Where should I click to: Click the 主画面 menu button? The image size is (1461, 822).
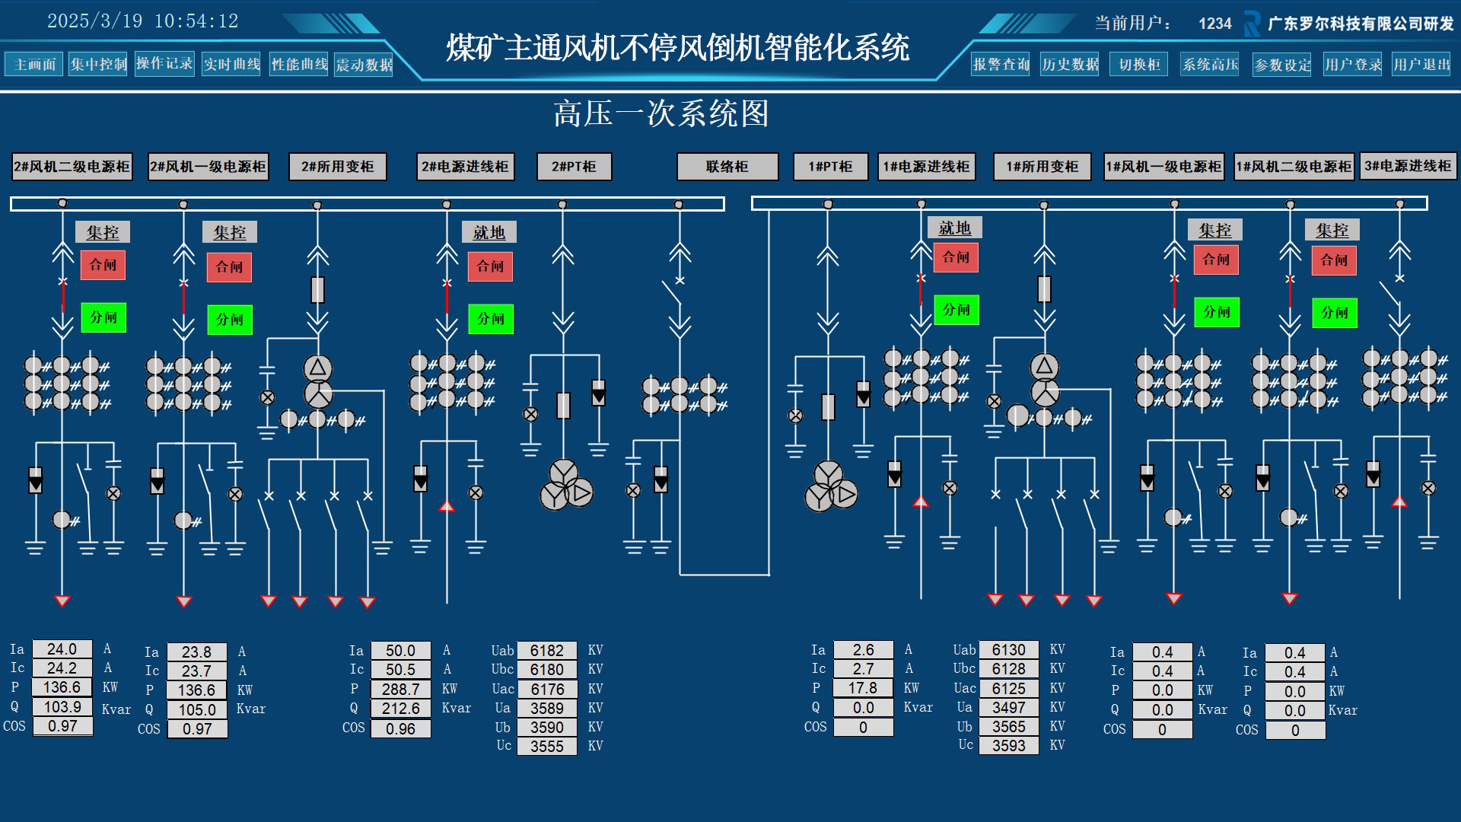click(x=34, y=65)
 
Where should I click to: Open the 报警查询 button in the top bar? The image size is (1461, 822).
click(x=1001, y=65)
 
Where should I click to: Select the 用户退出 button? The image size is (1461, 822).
click(x=1421, y=65)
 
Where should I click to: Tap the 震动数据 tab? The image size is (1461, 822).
click(x=364, y=65)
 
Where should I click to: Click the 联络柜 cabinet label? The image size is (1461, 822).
click(x=727, y=167)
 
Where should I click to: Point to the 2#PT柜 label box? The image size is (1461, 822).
click(x=575, y=167)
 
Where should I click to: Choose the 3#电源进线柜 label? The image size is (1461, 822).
click(x=1408, y=166)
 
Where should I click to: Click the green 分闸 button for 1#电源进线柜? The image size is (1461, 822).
click(x=956, y=310)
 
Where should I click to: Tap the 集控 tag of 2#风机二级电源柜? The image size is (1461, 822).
click(x=103, y=232)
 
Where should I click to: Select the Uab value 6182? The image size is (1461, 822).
click(x=547, y=651)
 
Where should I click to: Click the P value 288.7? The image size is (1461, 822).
click(x=401, y=689)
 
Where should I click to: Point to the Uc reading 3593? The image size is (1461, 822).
click(x=1009, y=746)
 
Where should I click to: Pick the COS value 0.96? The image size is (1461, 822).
click(x=401, y=728)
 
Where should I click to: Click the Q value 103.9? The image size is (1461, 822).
click(x=62, y=707)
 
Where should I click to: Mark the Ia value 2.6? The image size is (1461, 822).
click(x=864, y=650)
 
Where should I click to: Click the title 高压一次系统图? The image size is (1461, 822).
click(x=661, y=114)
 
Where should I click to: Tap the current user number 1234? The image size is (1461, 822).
click(x=1215, y=24)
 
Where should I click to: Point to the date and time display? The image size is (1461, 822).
click(x=143, y=21)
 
